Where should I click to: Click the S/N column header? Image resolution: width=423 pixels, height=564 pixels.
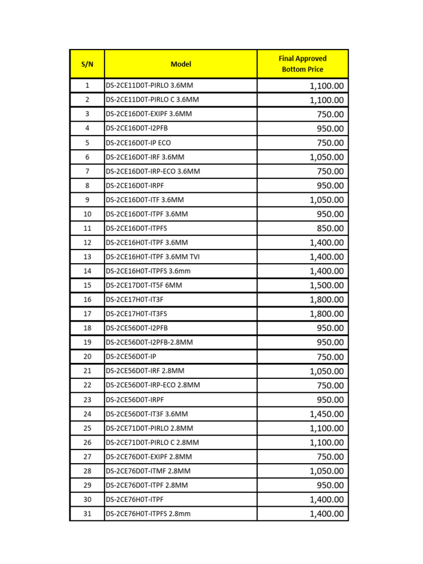point(87,64)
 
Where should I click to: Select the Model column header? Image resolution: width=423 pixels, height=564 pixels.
point(181,64)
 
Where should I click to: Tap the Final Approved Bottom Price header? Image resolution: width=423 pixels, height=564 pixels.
point(302,64)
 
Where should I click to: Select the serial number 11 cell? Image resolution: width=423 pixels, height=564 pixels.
point(87,228)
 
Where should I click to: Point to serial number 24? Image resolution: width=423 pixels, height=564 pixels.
point(87,414)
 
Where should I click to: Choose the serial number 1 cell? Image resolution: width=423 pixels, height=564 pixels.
point(87,85)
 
